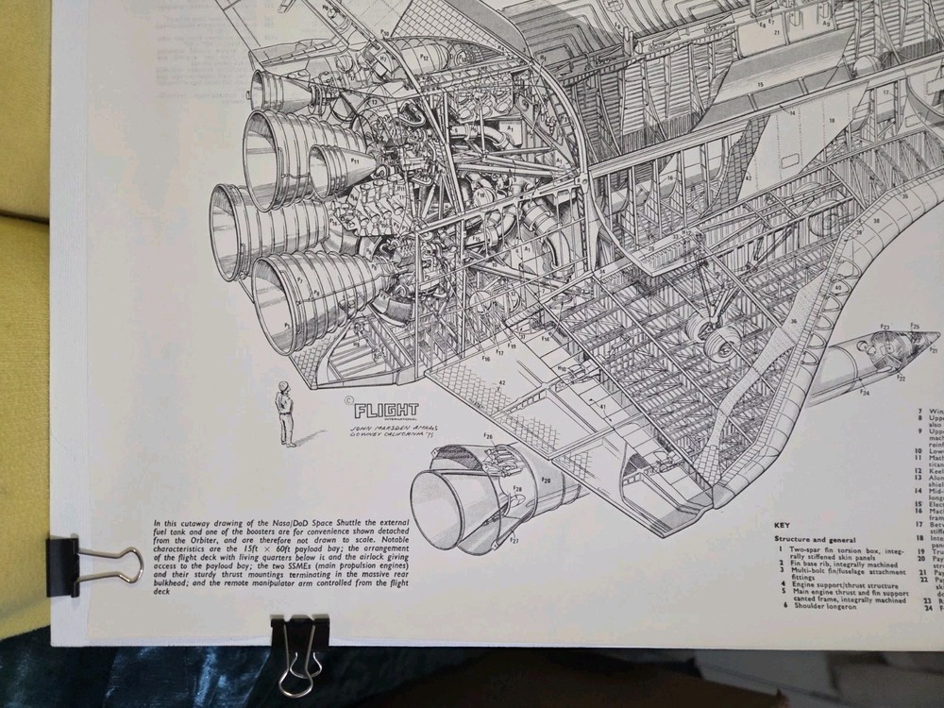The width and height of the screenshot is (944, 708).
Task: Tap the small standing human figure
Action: coord(283,413)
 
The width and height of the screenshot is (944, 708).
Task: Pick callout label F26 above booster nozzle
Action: coord(489,437)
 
